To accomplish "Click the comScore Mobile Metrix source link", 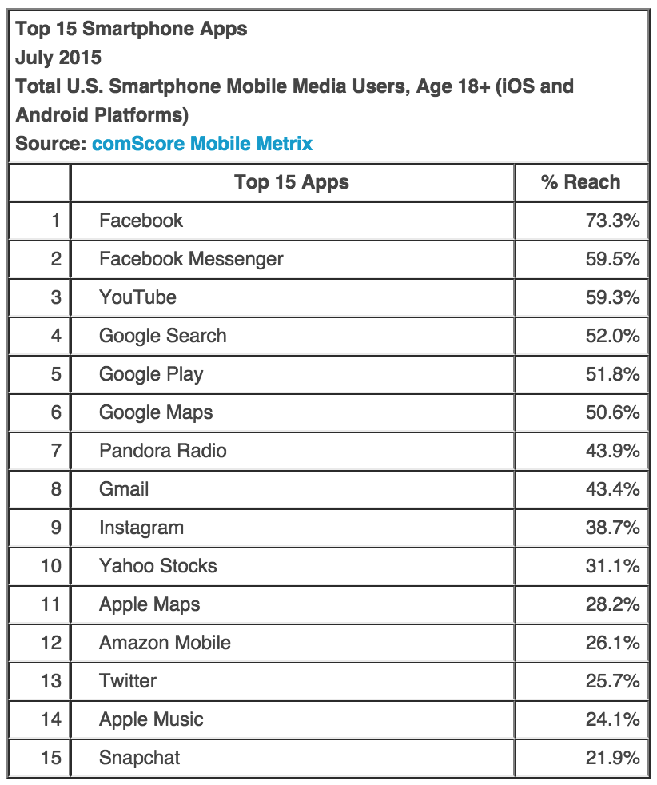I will (x=202, y=144).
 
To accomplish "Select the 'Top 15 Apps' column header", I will (x=292, y=182).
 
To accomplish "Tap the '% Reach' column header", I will (x=580, y=182).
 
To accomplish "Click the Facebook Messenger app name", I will (x=191, y=259).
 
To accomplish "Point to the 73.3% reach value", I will (x=612, y=221).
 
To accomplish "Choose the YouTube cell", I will (x=137, y=297).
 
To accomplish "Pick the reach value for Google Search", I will (x=612, y=336).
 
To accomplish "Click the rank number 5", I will (x=55, y=374).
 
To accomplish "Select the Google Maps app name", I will (x=156, y=412).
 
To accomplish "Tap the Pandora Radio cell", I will (x=162, y=451).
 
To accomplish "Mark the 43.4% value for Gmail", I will (x=612, y=489).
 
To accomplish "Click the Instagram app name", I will (x=141, y=528).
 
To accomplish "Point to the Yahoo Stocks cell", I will (x=157, y=566).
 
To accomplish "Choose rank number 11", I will (x=50, y=604).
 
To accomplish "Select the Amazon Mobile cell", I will (x=165, y=643).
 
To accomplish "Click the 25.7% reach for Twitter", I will (x=612, y=681).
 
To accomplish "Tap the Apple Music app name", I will (x=151, y=719).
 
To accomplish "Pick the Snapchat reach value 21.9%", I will (x=612, y=758).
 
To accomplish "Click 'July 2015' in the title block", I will (x=58, y=58).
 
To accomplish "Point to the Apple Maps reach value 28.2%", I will (x=612, y=604).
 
